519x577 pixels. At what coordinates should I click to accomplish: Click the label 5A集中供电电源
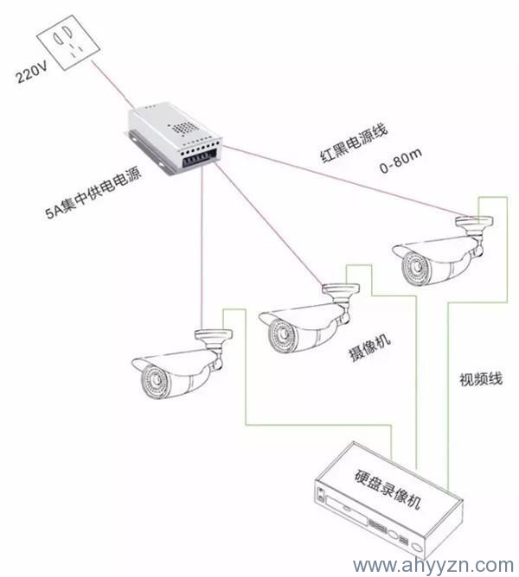pyautogui.click(x=94, y=187)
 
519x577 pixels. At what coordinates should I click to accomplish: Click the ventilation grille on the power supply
pyautogui.click(x=184, y=127)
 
